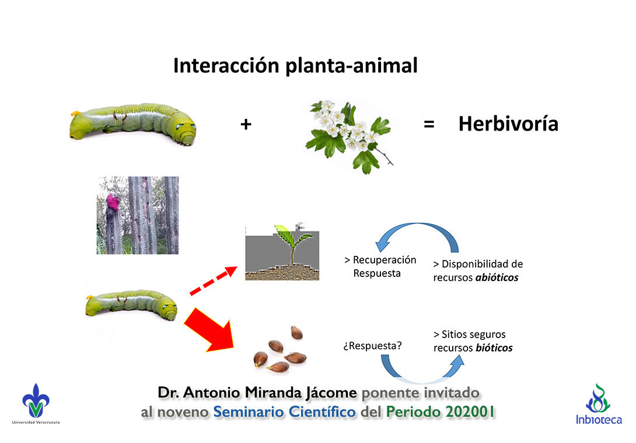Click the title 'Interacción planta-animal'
[295, 66]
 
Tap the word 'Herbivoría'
[508, 124]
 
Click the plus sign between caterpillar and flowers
[246, 124]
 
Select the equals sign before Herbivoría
[429, 124]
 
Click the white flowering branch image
[350, 134]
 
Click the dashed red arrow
[213, 280]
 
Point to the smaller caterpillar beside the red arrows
[131, 304]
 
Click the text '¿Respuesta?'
[372, 346]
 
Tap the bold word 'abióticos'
[497, 278]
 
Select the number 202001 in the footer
[469, 412]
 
